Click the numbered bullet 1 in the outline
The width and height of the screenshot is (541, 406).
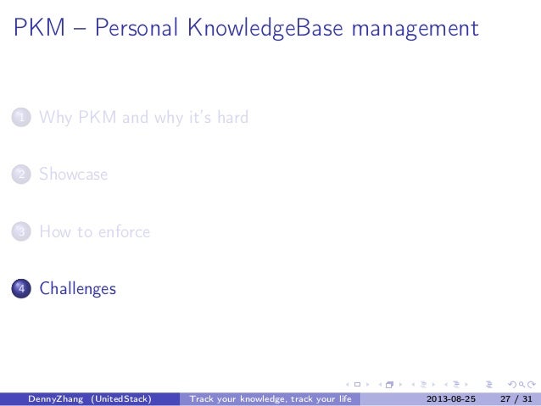coord(20,118)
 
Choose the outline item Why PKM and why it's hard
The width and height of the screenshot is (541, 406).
coord(143,118)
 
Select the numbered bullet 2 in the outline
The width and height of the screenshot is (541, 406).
coord(20,175)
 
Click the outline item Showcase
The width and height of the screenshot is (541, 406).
coord(73,175)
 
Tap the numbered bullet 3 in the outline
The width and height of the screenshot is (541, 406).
coord(20,231)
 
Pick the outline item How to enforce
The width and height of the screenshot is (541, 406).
coord(94,231)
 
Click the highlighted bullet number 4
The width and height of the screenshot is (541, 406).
coord(20,289)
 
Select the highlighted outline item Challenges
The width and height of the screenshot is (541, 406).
coord(77,289)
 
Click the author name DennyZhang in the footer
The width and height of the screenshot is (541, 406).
coord(57,399)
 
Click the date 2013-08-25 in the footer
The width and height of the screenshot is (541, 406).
coord(450,399)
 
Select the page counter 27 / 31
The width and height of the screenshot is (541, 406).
coord(516,399)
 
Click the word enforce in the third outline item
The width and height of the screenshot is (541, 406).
coord(125,231)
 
